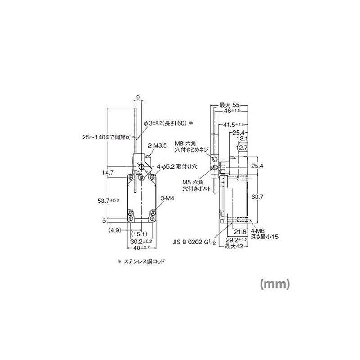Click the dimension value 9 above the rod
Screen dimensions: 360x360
137,96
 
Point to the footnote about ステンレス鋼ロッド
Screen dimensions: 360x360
141,261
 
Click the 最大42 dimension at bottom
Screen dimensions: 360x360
234,247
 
